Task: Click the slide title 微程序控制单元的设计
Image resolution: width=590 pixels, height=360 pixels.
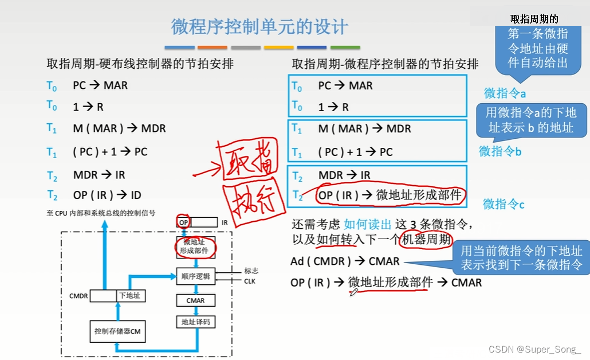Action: pos(259,26)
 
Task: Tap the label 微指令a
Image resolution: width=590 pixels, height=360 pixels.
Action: pos(505,93)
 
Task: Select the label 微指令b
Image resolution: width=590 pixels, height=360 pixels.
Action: pos(500,151)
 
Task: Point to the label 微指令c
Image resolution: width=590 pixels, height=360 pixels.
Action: pos(504,204)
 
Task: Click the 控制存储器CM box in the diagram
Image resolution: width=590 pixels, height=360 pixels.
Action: pos(117,331)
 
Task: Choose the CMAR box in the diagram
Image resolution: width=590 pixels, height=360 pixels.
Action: pos(195,300)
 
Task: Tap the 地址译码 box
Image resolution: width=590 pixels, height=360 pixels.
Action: pos(195,322)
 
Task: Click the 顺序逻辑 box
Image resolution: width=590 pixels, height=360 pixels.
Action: pos(195,276)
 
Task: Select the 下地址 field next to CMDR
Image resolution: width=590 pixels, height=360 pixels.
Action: pos(129,296)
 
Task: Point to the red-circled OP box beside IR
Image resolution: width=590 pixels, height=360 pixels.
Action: pos(183,222)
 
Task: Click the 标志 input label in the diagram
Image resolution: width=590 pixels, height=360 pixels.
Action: pos(251,271)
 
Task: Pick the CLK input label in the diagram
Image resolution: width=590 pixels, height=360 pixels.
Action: pos(249,281)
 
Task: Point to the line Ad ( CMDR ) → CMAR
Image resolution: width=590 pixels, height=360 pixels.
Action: pos(345,261)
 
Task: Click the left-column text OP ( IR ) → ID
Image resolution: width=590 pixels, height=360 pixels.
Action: pos(107,195)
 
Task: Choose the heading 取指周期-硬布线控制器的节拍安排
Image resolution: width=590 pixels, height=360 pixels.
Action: pos(140,64)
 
